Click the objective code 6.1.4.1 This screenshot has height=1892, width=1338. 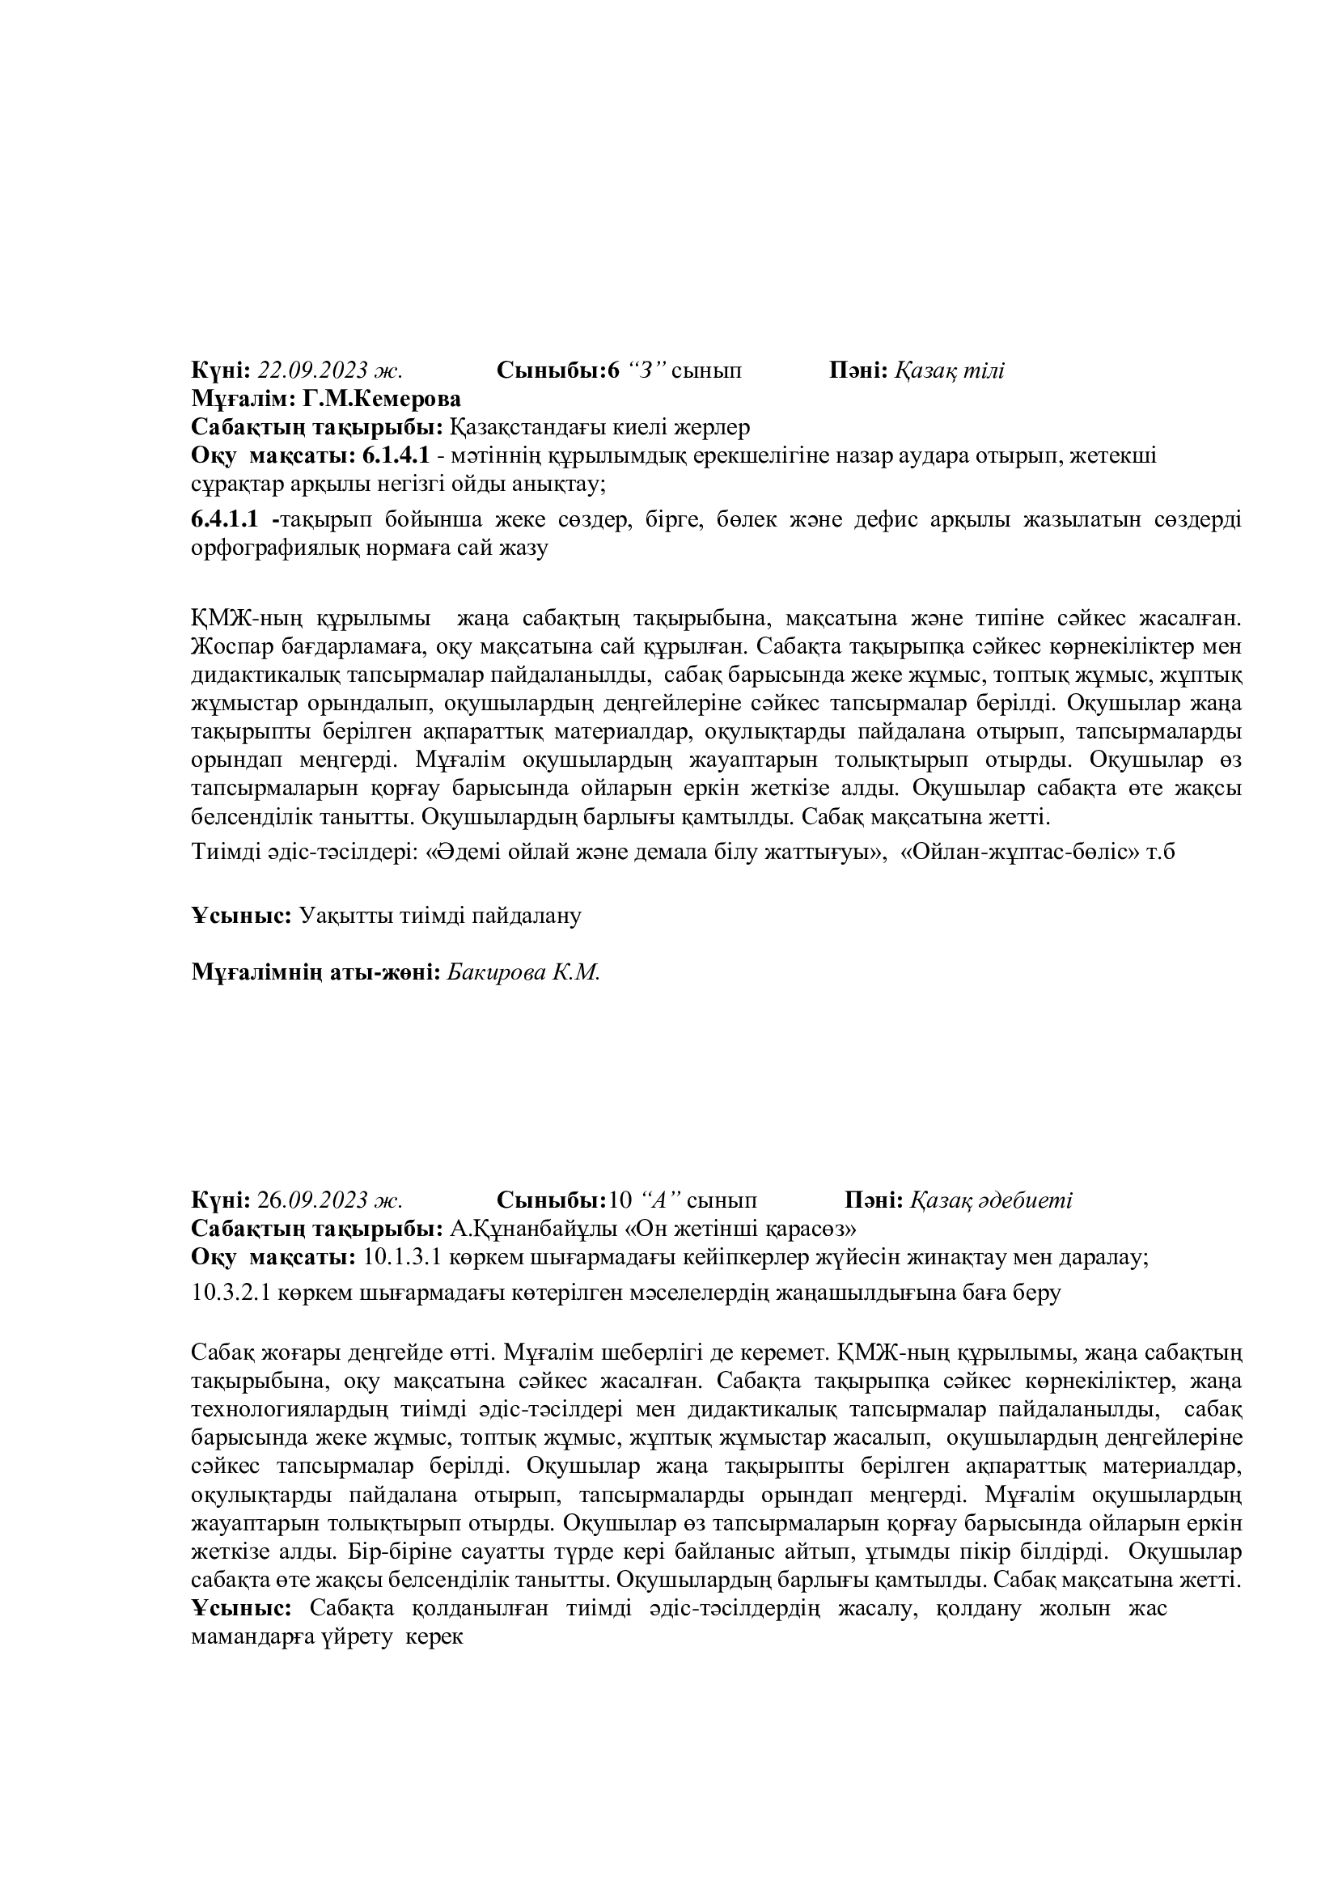click(x=396, y=455)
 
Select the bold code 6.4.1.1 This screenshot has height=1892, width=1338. click(x=225, y=520)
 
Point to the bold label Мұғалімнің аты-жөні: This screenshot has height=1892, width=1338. click(x=317, y=972)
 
